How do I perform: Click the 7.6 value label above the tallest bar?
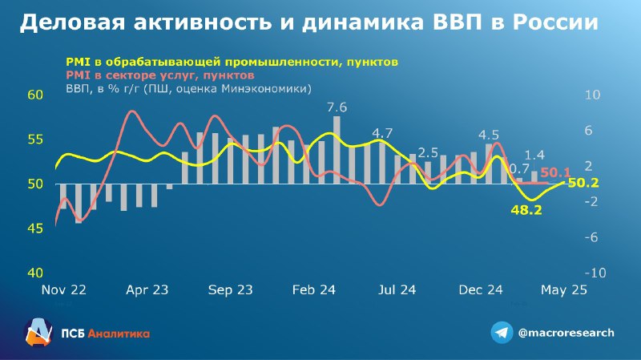point(337,107)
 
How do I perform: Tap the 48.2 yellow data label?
point(526,210)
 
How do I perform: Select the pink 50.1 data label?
point(555,172)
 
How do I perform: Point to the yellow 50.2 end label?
point(583,183)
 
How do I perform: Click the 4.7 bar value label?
point(382,133)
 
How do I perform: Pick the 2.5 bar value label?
point(428,153)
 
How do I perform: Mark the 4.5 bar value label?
point(489,135)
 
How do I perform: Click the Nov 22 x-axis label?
point(64,290)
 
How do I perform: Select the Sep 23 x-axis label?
point(231,290)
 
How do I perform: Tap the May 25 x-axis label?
point(564,290)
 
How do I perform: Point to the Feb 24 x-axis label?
point(314,290)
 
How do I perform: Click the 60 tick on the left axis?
point(35,95)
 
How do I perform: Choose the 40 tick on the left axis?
point(35,273)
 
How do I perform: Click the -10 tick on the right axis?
point(595,273)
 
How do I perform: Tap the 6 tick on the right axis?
point(589,131)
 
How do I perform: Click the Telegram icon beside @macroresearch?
point(502,333)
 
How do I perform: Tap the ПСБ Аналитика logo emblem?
point(38,332)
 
